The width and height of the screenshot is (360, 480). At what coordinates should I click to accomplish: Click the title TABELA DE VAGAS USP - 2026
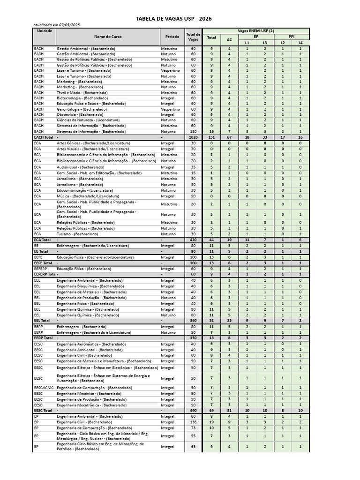coord(180,18)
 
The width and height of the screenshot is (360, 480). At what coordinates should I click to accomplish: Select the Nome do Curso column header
coord(107,37)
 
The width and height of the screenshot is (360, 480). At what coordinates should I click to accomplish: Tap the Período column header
coord(172,37)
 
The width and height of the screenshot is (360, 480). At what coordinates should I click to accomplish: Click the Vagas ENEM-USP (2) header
coord(256,30)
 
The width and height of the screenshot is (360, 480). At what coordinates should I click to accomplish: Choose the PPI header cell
coord(292,36)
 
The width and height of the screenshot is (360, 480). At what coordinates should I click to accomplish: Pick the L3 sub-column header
coord(265,43)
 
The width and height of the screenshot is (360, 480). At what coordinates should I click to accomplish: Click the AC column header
coord(229,40)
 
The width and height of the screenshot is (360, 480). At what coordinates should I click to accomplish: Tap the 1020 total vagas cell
coord(193,137)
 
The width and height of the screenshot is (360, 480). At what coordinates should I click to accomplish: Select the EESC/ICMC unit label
coord(44,387)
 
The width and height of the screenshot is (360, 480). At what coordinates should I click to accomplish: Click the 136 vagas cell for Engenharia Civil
coord(193,422)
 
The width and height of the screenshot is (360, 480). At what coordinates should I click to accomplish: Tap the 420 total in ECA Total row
coord(193,240)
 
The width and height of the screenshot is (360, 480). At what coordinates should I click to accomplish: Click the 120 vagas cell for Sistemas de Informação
coord(193,131)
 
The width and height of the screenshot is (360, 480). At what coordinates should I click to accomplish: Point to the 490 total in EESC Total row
coord(193,410)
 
